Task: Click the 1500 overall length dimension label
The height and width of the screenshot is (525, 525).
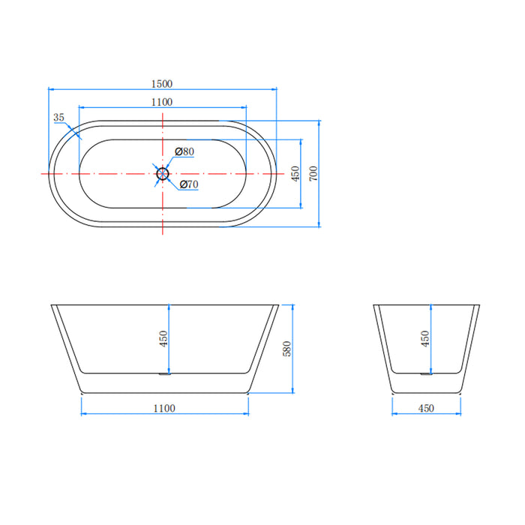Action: (x=162, y=84)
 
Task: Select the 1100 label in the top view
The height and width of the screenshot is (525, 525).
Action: (x=162, y=102)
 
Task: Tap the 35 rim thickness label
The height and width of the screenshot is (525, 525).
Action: (x=58, y=118)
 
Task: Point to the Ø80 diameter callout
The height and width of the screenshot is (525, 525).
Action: (x=184, y=151)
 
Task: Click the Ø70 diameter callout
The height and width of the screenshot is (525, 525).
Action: (x=189, y=184)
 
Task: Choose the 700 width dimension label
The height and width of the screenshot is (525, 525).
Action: (x=313, y=173)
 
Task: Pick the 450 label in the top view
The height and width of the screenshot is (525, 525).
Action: (x=295, y=173)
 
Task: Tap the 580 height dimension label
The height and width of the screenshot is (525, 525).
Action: (x=287, y=349)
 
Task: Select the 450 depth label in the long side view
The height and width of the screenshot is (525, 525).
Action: (x=163, y=338)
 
